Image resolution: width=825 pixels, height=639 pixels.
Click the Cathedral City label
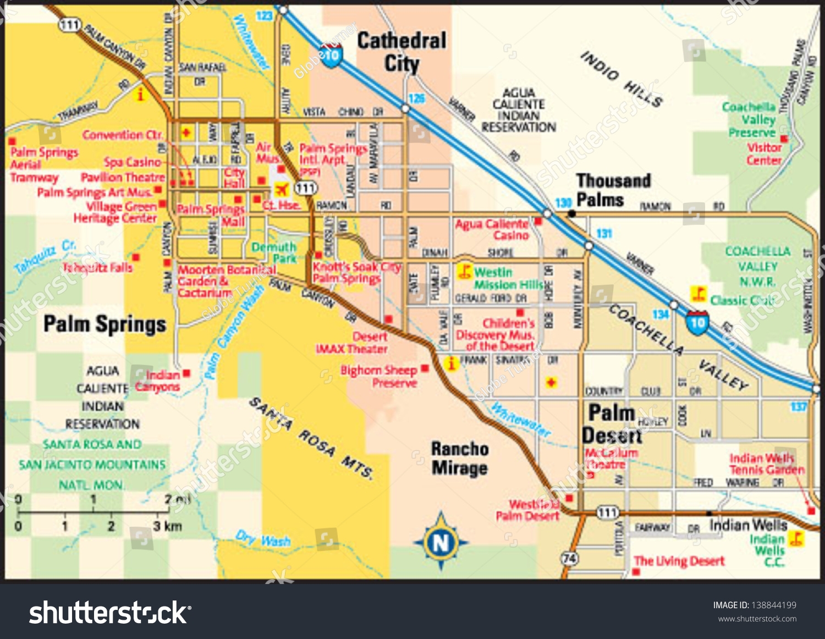(402, 52)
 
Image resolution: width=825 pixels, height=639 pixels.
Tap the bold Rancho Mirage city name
(460, 458)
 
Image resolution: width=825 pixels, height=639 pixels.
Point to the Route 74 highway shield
(569, 559)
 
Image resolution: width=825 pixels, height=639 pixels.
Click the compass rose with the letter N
(441, 542)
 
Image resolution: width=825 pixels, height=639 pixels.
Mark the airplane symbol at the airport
(281, 190)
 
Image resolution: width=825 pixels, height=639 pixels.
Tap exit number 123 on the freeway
(264, 15)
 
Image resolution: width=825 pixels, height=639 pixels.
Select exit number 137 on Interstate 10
(799, 406)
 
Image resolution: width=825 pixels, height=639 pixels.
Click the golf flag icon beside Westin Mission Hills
(465, 271)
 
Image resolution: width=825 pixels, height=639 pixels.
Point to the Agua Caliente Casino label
(491, 230)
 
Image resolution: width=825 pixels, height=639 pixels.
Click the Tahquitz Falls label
(97, 268)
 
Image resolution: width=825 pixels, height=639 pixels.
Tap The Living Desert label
(679, 561)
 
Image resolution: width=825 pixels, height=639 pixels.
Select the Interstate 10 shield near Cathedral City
(332, 56)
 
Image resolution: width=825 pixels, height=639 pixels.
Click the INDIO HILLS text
(621, 78)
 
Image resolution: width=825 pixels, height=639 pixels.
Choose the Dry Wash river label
(263, 539)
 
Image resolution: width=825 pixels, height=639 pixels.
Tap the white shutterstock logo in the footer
(109, 612)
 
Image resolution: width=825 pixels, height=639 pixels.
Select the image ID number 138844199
(773, 605)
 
